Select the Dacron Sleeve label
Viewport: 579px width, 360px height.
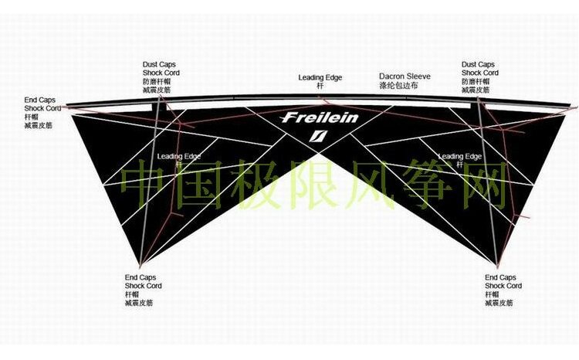[x=405, y=76]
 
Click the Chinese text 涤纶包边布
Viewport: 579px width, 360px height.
[x=405, y=87]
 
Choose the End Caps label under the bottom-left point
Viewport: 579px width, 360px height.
[x=139, y=277]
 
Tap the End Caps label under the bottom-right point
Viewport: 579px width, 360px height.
[x=500, y=277]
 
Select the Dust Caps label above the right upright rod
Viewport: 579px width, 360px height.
[x=478, y=64]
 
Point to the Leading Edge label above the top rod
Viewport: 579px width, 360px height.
[x=320, y=77]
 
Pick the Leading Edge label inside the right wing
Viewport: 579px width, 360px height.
[x=460, y=156]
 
